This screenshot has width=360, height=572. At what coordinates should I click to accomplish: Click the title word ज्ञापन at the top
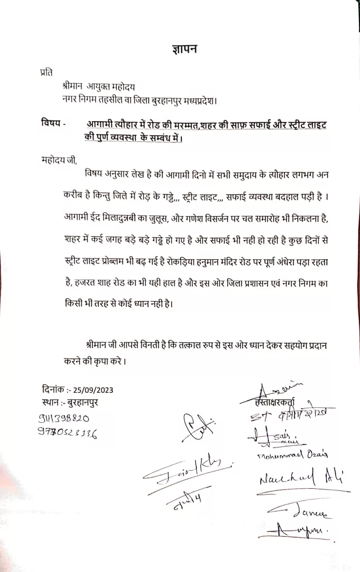(185, 50)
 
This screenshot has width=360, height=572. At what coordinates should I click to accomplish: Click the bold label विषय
(52, 123)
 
